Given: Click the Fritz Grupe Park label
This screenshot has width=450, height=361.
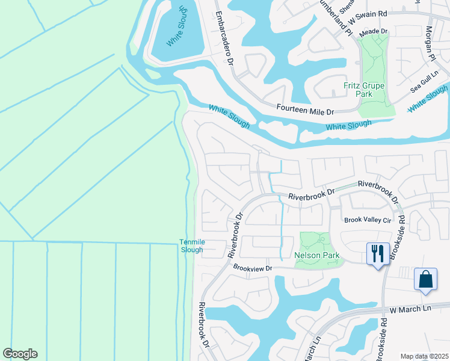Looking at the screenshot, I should coord(364,90).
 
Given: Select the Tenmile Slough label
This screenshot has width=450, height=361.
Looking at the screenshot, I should coord(192,246).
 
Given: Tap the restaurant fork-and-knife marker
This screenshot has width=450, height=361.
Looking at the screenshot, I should coord(377,253).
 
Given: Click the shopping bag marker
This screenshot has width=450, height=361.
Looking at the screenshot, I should coord(425,279).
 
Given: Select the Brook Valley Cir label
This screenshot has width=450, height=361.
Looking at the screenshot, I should coord(368,221).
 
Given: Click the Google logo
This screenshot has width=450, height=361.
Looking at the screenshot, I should coord(20,354).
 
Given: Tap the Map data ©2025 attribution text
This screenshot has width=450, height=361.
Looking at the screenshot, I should coord(424,356).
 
